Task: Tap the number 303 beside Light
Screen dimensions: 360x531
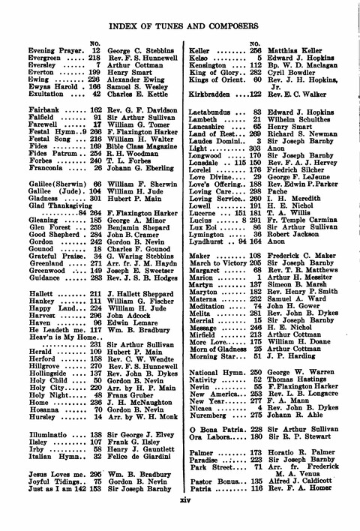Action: coord(254,150)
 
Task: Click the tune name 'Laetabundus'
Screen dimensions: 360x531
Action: coord(213,112)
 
